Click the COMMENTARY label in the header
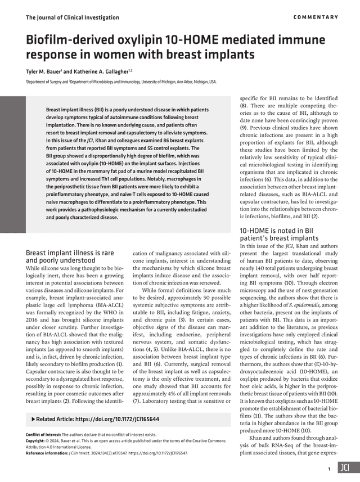pyautogui.click(x=316, y=17)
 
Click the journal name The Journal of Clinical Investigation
pyautogui.click(x=73, y=17)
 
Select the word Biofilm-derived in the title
pyautogui.click(x=75, y=40)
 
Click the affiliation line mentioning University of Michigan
pyautogui.click(x=121, y=82)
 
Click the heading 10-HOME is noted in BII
pyautogui.click(x=276, y=230)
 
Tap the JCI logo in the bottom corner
pyautogui.click(x=345, y=468)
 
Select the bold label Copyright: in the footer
pyautogui.click(x=38, y=442)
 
